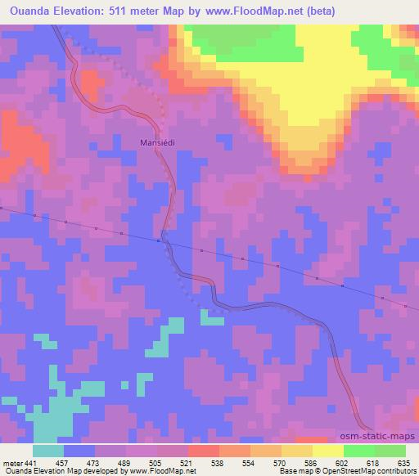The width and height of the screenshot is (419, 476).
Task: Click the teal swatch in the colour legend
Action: [x=48, y=451]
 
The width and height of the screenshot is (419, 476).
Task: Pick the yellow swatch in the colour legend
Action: [x=328, y=451]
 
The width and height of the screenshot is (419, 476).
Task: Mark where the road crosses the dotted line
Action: [x=164, y=240]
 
